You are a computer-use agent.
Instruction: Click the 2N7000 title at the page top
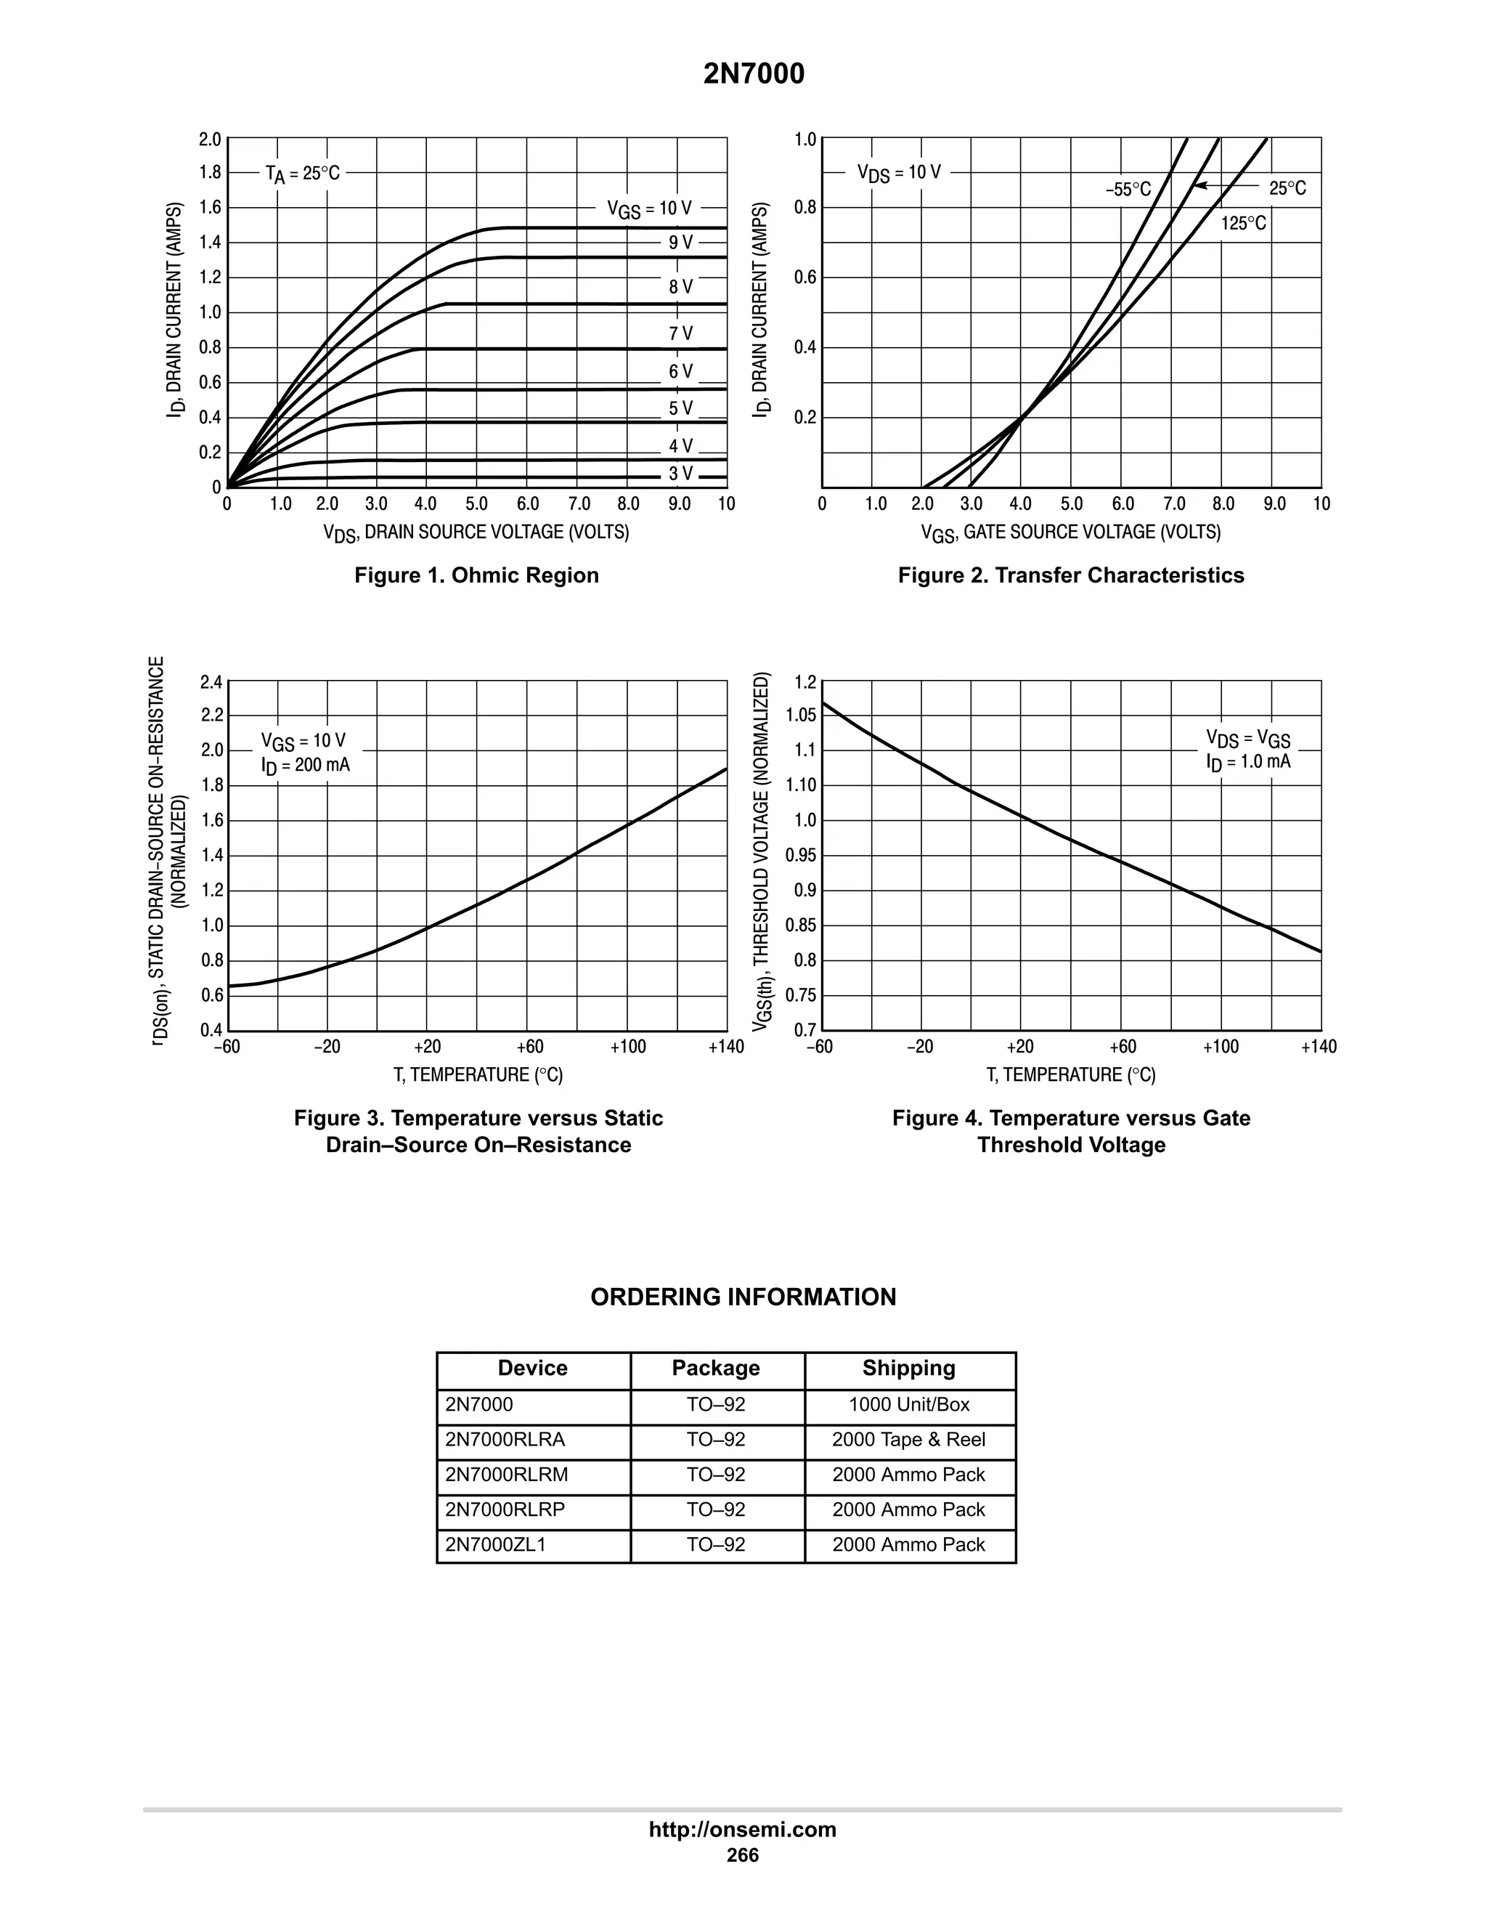tap(753, 74)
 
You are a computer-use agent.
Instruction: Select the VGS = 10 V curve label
tap(649, 209)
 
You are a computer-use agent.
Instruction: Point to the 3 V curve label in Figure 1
tap(680, 474)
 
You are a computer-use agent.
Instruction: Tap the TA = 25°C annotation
tap(302, 174)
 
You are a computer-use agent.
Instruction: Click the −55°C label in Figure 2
tap(1128, 190)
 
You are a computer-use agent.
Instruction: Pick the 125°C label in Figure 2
tap(1243, 224)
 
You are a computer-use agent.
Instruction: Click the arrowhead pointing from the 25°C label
tap(1199, 185)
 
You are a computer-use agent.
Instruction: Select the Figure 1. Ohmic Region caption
tap(476, 575)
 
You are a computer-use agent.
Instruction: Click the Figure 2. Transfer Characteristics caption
tap(1070, 575)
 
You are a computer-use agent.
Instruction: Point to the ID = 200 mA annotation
tap(305, 765)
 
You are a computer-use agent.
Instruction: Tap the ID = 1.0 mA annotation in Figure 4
tap(1247, 761)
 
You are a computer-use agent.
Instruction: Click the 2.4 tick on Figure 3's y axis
tap(211, 681)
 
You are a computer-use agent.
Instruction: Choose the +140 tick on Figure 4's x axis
tap(1318, 1047)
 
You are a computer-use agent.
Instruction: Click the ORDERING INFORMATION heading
tap(743, 1297)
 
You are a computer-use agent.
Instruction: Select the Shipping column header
tap(908, 1368)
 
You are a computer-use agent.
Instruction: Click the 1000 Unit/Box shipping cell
tap(908, 1405)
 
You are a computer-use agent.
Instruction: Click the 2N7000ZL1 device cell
tap(495, 1544)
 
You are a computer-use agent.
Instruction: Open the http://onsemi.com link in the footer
tap(742, 1830)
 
